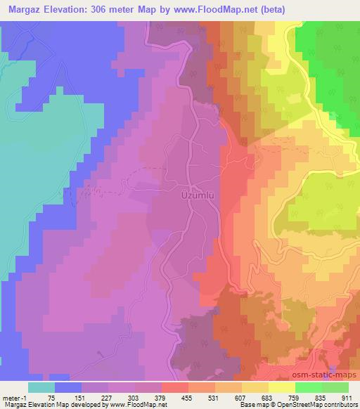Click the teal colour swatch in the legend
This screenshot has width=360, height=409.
coord(41,387)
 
